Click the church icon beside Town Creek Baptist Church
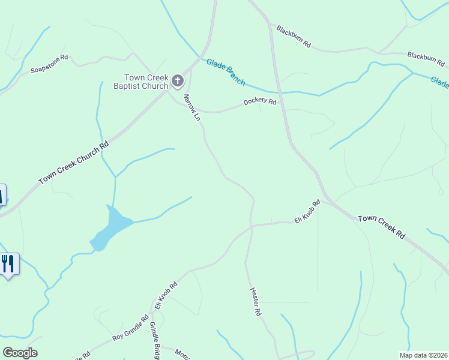(178, 80)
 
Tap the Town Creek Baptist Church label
(146, 82)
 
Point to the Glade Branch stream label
(226, 71)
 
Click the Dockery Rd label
(259, 102)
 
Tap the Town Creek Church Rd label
(74, 162)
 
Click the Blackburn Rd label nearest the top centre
(294, 36)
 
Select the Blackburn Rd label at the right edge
(426, 59)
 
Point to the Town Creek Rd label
(381, 227)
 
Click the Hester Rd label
(255, 301)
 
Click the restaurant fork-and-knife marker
(8, 263)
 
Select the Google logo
(20, 353)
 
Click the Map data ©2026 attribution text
(423, 355)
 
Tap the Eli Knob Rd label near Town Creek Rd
(307, 212)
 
